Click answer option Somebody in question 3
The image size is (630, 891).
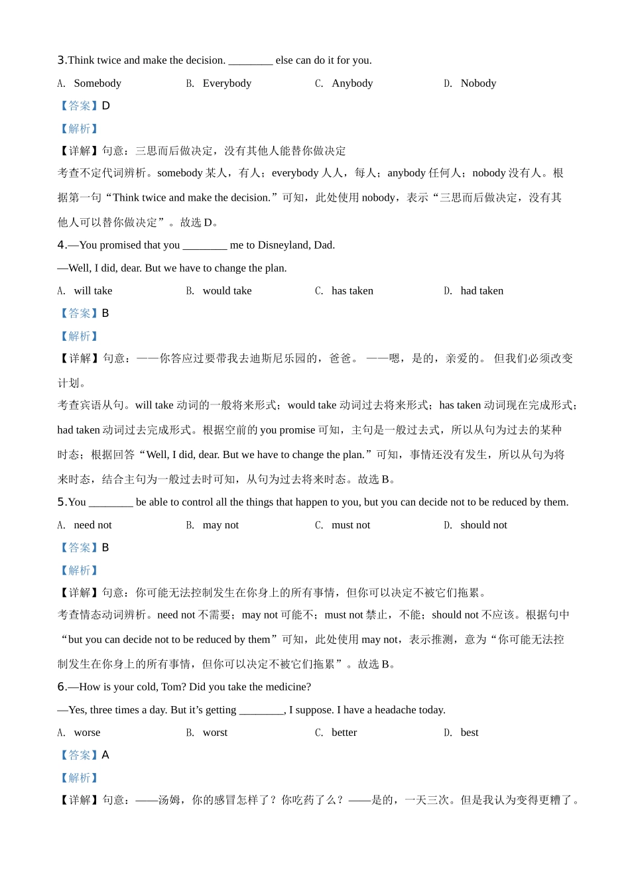coord(97,84)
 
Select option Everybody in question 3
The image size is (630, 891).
coord(227,84)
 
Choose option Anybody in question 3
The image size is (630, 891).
coord(352,84)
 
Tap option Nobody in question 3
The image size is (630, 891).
coord(478,84)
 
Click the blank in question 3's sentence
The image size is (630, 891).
coord(250,61)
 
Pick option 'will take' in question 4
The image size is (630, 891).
coord(93,291)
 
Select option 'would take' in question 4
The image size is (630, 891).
coord(227,291)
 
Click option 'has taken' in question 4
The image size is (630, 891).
coord(352,291)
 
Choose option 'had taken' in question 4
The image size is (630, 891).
coord(481,291)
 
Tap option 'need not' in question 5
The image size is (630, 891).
coord(93,525)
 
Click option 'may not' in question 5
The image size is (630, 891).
coord(220,525)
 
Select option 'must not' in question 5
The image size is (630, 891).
coord(351,525)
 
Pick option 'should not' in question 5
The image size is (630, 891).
coord(483,525)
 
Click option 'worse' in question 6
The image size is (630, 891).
coord(87,733)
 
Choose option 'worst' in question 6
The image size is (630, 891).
coord(215,733)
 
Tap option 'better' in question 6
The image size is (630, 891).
coord(344,733)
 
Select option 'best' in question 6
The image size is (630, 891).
coord(470,733)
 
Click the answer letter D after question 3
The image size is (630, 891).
coord(106,106)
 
